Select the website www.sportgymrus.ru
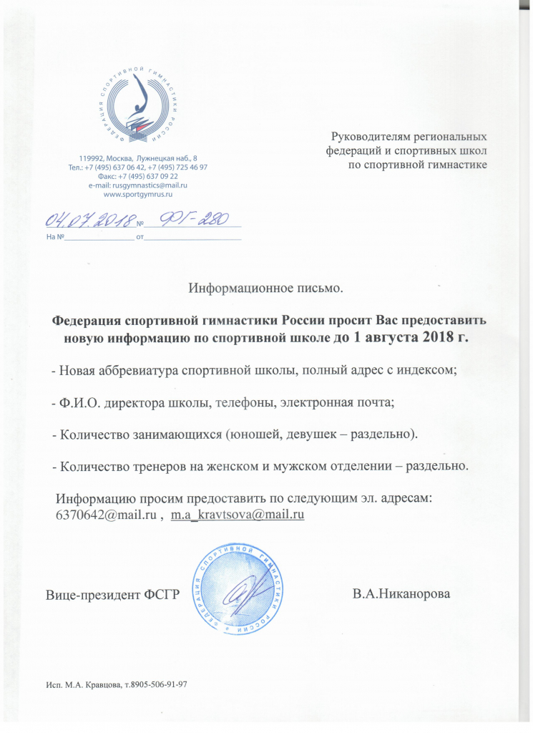coord(139,194)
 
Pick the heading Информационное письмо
coord(266,289)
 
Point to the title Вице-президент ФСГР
coord(112,595)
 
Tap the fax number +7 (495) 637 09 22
coord(147,175)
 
